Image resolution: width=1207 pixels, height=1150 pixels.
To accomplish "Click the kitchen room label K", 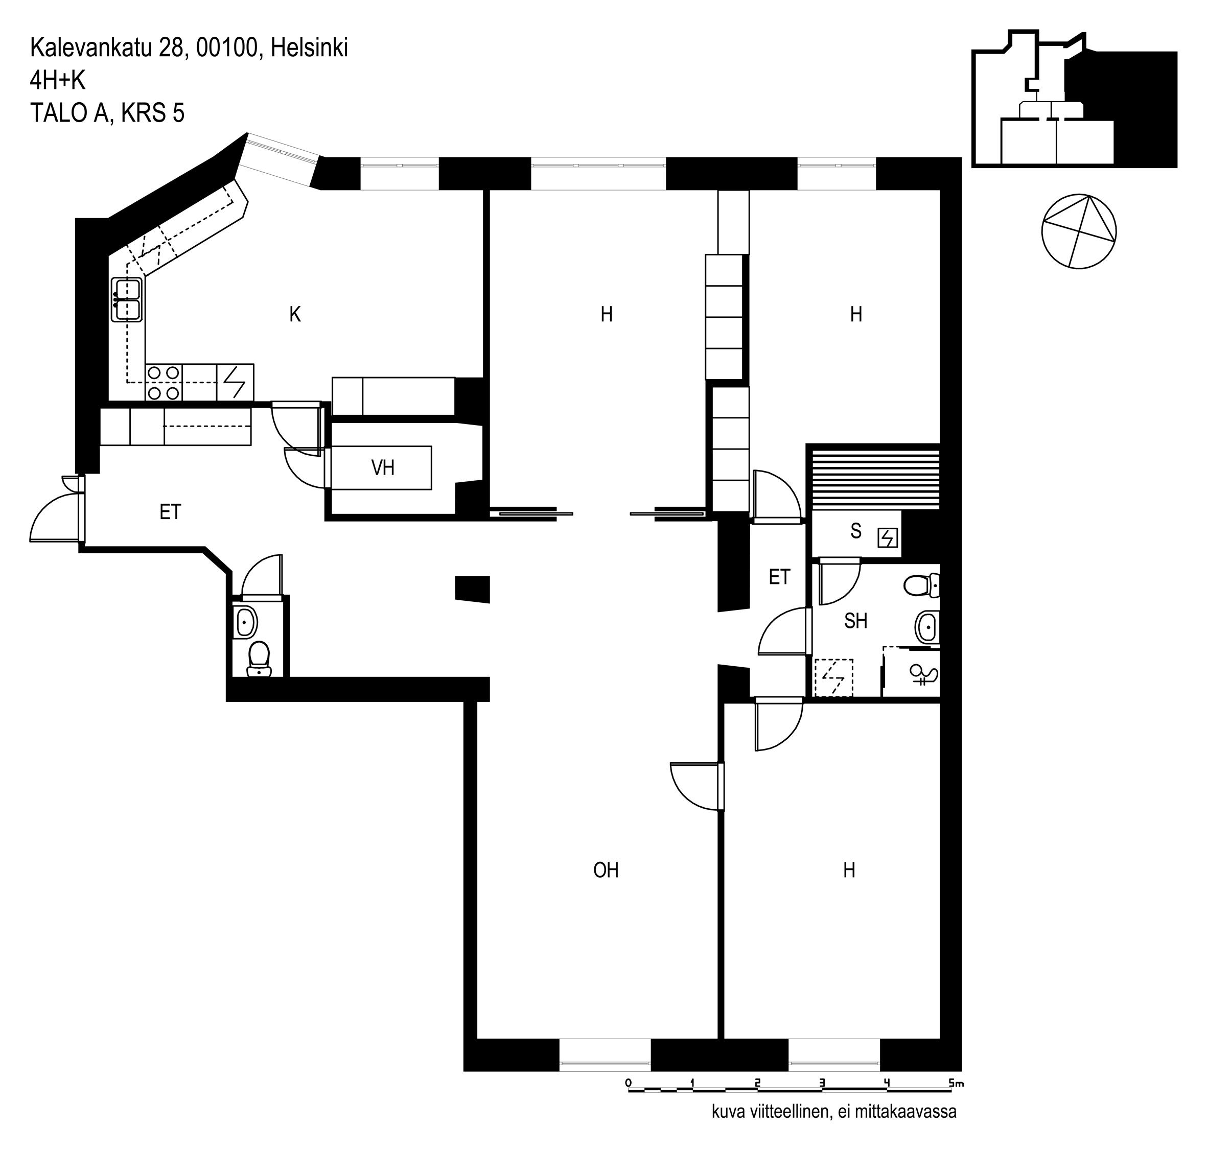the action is tap(295, 315).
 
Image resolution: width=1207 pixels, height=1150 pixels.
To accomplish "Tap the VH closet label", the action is tap(383, 468).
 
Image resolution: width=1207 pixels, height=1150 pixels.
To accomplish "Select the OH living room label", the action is tap(606, 870).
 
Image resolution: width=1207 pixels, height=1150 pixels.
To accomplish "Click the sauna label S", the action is tap(856, 531).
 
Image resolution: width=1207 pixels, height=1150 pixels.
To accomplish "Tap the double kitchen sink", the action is tap(127, 299).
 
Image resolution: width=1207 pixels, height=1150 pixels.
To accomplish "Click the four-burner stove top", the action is tap(164, 383).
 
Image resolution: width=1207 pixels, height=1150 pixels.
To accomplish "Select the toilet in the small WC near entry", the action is tap(259, 659).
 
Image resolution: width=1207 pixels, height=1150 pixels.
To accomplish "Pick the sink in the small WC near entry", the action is tap(246, 623).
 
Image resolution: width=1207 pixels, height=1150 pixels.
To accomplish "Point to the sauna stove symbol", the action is tap(888, 538).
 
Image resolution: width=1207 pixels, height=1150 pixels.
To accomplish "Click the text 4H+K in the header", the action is tap(58, 80).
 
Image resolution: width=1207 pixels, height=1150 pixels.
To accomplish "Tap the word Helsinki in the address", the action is tap(310, 48).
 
